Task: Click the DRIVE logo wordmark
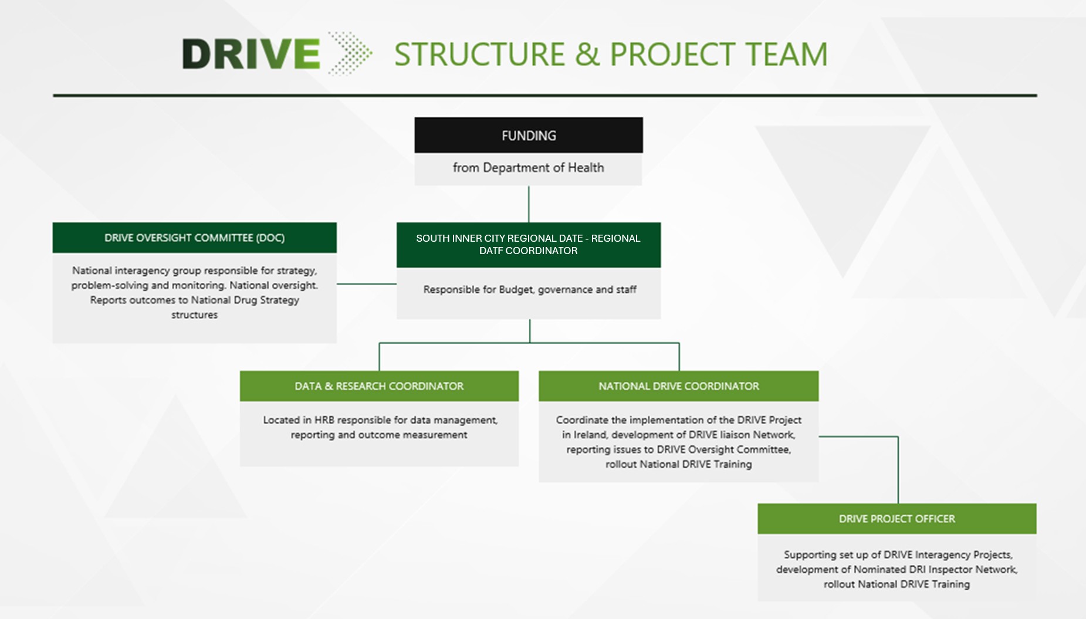[251, 54]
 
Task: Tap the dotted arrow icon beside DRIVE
[350, 53]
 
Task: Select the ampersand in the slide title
[587, 55]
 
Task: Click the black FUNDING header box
[529, 136]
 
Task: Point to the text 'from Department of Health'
[528, 168]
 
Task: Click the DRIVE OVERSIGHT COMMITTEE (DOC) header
[194, 238]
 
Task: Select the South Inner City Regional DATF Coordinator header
[528, 245]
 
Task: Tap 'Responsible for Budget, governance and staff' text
[529, 289]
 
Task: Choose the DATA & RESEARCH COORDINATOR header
[379, 386]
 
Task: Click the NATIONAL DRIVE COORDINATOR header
[678, 386]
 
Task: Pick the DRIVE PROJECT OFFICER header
[896, 519]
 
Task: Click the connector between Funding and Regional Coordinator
[529, 204]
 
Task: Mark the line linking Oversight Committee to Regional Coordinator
[366, 284]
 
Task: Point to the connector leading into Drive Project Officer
[898, 469]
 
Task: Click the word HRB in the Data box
[324, 420]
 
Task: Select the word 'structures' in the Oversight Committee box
[194, 315]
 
